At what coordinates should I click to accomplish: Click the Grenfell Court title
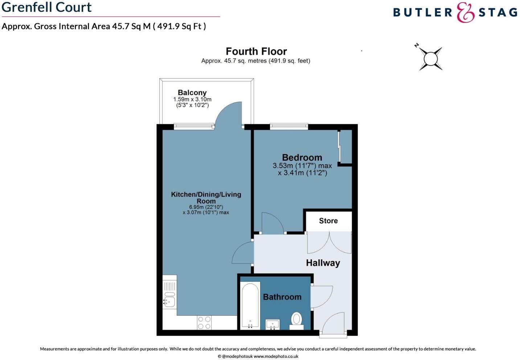[x=47, y=7]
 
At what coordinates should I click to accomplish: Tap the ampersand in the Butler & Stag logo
[x=465, y=13]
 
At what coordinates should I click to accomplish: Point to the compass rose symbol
[x=431, y=58]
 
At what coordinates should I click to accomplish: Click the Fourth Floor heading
[x=256, y=51]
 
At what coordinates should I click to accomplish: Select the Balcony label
[x=192, y=93]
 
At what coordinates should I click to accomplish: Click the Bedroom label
[x=302, y=158]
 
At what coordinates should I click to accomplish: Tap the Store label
[x=328, y=221]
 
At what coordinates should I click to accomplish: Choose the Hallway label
[x=323, y=263]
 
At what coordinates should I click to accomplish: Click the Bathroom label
[x=282, y=297]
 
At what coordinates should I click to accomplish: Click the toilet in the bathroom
[x=296, y=320]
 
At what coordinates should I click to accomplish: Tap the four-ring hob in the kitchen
[x=204, y=323]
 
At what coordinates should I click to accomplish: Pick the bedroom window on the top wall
[x=289, y=127]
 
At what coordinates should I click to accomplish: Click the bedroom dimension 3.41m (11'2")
[x=303, y=173]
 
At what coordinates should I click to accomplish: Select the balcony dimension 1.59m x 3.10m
[x=192, y=99]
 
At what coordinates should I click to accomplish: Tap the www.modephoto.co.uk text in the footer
[x=276, y=356]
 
